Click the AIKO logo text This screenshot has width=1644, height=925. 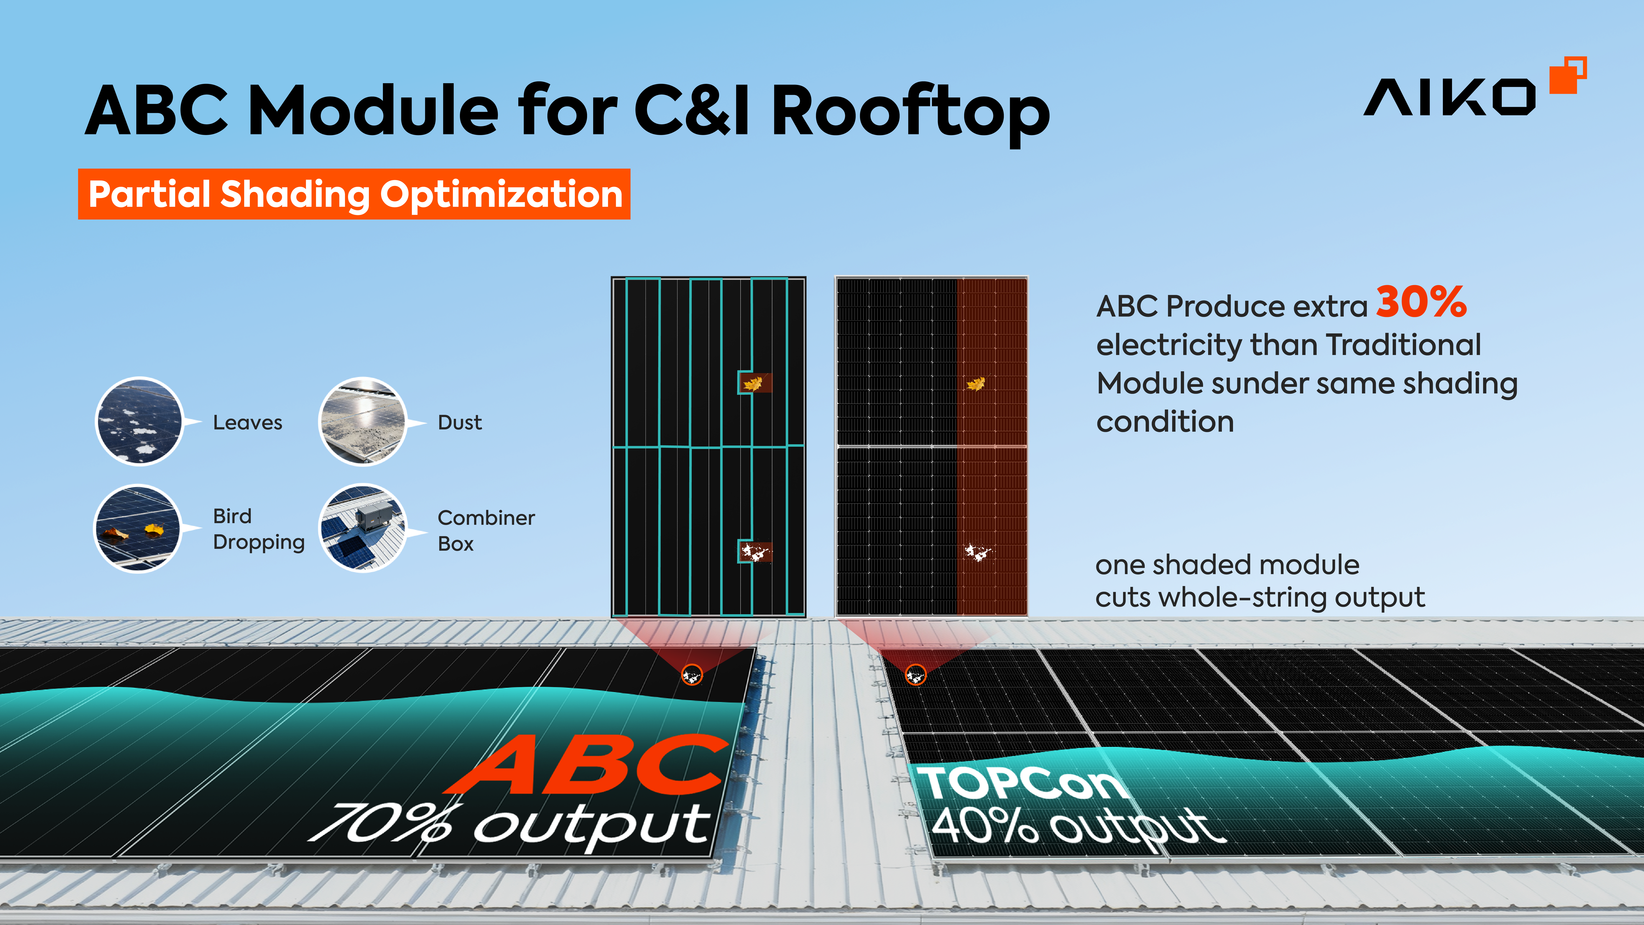pyautogui.click(x=1449, y=98)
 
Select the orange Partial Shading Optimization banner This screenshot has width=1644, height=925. pyautogui.click(x=354, y=194)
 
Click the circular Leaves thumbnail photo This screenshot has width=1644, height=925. pyautogui.click(x=139, y=421)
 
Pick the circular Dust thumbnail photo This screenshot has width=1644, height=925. pyautogui.click(x=363, y=421)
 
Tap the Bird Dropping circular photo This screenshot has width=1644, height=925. pyautogui.click(x=138, y=528)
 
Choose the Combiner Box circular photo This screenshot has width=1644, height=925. pyautogui.click(x=363, y=528)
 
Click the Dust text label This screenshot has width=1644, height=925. pyautogui.click(x=459, y=423)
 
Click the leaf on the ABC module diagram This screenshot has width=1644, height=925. pyautogui.click(x=754, y=383)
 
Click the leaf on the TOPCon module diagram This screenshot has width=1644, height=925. pyautogui.click(x=975, y=384)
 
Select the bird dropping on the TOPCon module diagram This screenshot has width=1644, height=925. pyautogui.click(x=977, y=552)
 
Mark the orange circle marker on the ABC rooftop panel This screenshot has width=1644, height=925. pyautogui.click(x=692, y=674)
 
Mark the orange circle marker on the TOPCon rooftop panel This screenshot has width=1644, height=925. pyautogui.click(x=915, y=674)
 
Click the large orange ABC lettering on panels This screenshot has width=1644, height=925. pyautogui.click(x=587, y=765)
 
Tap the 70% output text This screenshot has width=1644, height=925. pyautogui.click(x=510, y=823)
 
